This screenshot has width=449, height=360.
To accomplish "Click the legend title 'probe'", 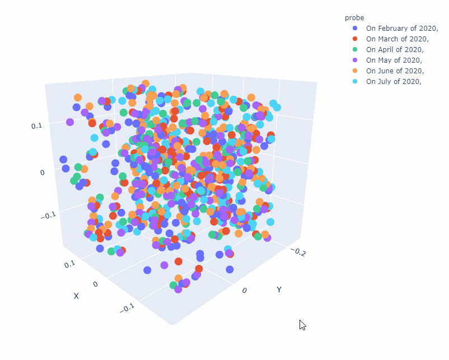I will pyautogui.click(x=355, y=18).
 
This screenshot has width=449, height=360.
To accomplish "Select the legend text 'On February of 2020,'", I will pyautogui.click(x=401, y=28).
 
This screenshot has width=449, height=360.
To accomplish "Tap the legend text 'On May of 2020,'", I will pyautogui.click(x=394, y=60).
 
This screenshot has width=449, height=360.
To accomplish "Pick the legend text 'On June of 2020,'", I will pyautogui.click(x=395, y=71).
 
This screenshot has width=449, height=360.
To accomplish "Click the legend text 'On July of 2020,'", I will pyautogui.click(x=393, y=81).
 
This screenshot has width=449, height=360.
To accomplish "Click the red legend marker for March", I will pyautogui.click(x=355, y=39).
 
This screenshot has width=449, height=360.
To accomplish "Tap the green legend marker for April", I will pyautogui.click(x=355, y=49).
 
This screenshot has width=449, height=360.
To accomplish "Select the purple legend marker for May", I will pyautogui.click(x=355, y=60).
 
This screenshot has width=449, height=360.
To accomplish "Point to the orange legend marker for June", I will pyautogui.click(x=355, y=71).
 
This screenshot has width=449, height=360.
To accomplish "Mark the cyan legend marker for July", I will pyautogui.click(x=355, y=81).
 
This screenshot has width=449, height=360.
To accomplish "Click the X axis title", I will pyautogui.click(x=76, y=296).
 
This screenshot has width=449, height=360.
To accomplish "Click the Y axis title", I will pyautogui.click(x=278, y=289).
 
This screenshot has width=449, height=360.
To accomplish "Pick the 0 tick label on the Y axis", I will pyautogui.click(x=244, y=290).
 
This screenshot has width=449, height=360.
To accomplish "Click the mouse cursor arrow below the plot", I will pyautogui.click(x=302, y=325).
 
